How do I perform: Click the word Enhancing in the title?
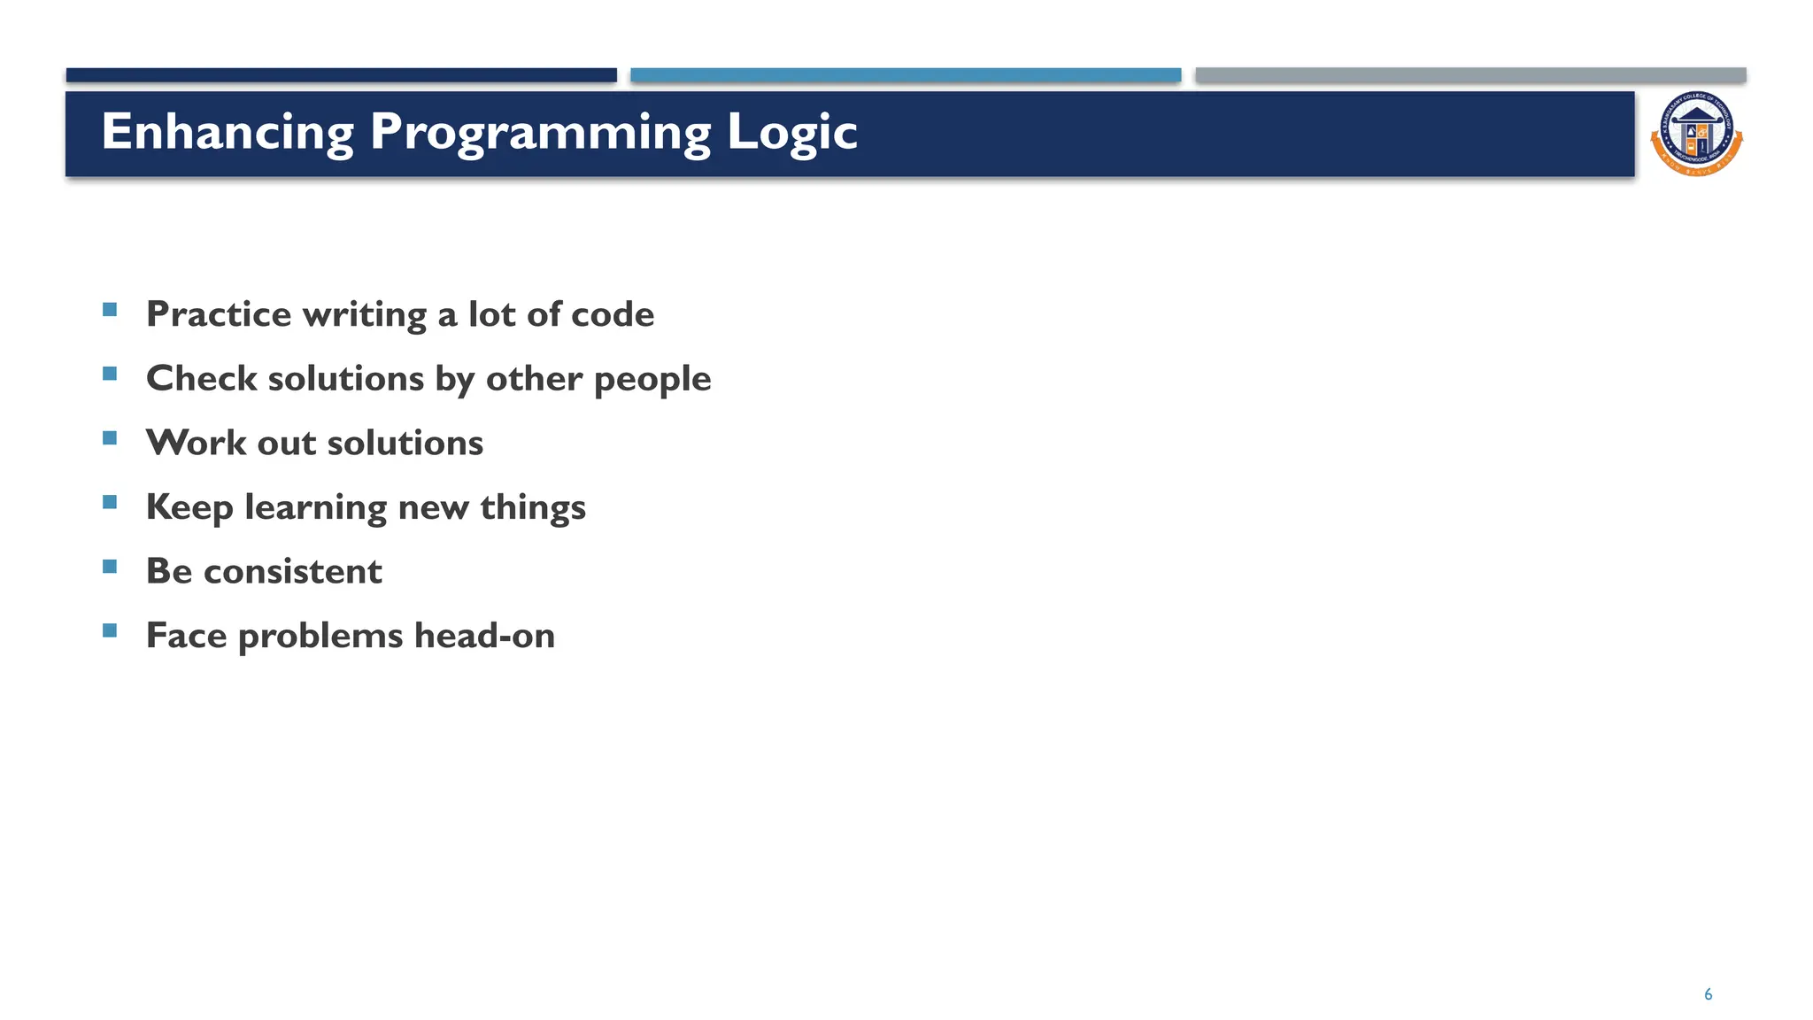point(228,133)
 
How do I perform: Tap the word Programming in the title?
point(540,133)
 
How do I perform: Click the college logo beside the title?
point(1696,134)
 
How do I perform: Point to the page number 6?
point(1708,994)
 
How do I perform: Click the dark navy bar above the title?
point(341,75)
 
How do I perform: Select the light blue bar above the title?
point(906,75)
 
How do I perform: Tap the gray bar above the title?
point(1470,75)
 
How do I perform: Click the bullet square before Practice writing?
point(110,310)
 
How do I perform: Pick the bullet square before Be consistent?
point(110,567)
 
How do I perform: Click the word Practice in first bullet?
point(218,314)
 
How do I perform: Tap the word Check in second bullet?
point(201,379)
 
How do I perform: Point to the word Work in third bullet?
point(196,443)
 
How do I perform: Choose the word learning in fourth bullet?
point(315,508)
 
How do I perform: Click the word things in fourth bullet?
point(533,508)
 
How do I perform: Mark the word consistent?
point(293,572)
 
